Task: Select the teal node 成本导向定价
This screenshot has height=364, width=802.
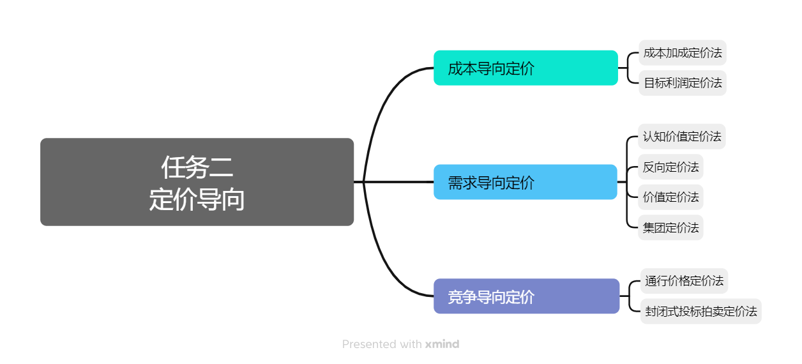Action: coord(526,68)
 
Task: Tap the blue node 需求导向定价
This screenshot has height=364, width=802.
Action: coord(526,182)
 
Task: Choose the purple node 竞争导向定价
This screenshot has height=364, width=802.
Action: coord(526,296)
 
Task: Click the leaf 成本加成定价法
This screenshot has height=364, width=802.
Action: coord(683,52)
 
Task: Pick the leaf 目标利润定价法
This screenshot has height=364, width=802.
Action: coord(683,83)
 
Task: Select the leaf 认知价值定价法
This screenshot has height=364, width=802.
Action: coord(682,136)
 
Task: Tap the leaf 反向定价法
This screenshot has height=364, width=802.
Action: coord(670,167)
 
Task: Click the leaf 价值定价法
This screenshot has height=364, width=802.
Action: coord(670,197)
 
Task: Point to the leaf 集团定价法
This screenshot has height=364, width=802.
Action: coord(670,227)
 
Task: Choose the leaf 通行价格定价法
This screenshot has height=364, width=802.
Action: coord(684,280)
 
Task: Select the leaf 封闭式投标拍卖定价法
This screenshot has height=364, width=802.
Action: coord(700,311)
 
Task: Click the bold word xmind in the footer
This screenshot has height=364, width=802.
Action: coord(442,344)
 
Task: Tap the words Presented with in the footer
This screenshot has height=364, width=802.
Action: coord(381,344)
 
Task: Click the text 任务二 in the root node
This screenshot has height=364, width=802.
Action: coord(197,168)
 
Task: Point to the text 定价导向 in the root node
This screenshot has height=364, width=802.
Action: coord(197,199)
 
